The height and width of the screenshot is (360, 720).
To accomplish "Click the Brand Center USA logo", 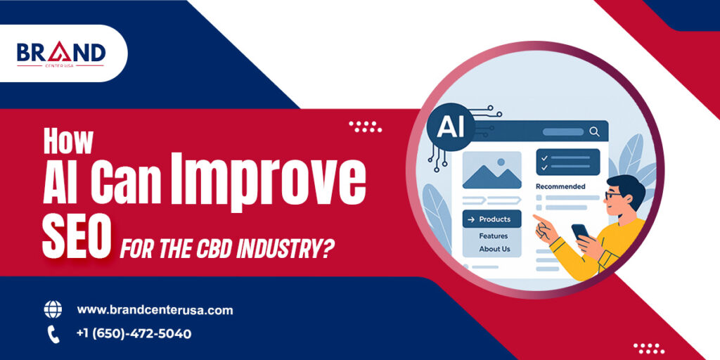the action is tap(61, 55).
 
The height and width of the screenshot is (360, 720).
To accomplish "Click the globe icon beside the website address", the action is tap(53, 309).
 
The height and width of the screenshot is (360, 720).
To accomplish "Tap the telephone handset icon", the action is tap(53, 334).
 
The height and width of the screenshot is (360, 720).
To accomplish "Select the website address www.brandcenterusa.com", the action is tap(155, 310).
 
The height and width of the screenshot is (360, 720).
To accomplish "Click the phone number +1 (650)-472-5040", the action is tap(134, 334).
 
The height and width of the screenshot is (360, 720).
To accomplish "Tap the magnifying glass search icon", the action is tap(594, 132).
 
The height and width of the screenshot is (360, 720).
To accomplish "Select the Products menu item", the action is tap(491, 219).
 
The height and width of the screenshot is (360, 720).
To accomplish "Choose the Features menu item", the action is tap(494, 236).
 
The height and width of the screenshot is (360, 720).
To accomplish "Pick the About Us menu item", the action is tap(494, 249).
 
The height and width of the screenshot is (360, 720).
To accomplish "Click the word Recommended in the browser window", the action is tap(560, 186).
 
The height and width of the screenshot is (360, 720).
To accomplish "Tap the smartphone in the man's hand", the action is tap(581, 231).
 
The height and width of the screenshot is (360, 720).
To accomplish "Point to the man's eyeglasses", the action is tap(613, 195).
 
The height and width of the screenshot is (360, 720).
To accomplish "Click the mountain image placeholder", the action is tap(491, 170).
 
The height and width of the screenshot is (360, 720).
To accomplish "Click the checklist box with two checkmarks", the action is tap(568, 162).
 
